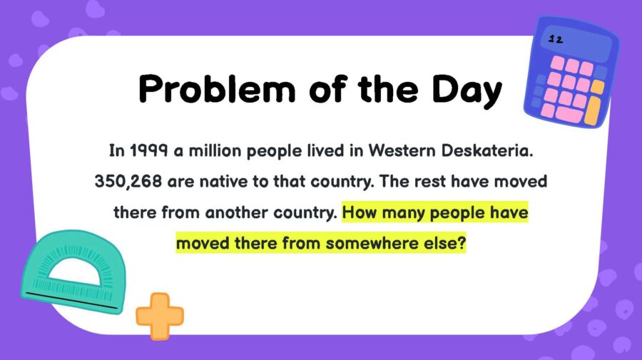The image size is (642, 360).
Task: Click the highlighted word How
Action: pyautogui.click(x=360, y=212)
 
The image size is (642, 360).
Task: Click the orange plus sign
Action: pyautogui.click(x=160, y=315)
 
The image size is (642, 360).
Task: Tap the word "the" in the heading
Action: pyautogui.click(x=387, y=90)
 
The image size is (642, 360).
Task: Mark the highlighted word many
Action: pyautogui.click(x=409, y=212)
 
